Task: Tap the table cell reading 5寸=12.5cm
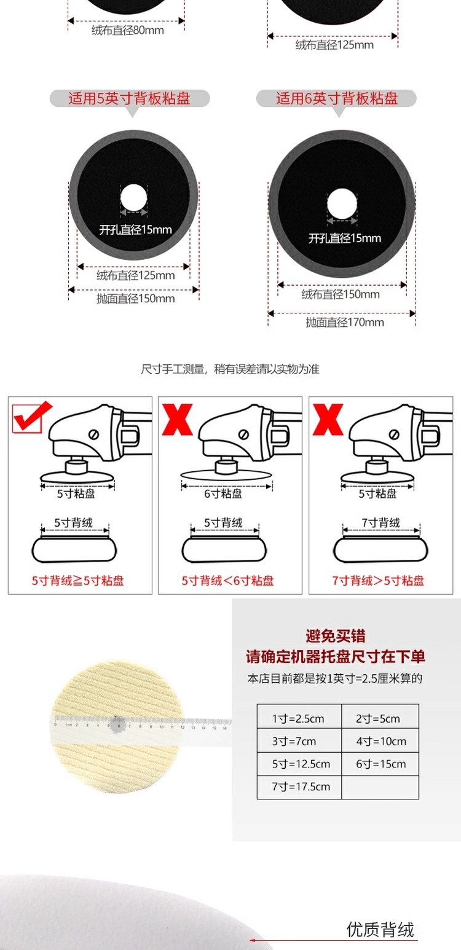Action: point(301,764)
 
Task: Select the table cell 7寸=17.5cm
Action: point(301,787)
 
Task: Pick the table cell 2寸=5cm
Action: point(378,718)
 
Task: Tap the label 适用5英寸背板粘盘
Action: point(129,98)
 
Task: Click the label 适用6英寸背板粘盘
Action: point(337,98)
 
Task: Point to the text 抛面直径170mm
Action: point(345,322)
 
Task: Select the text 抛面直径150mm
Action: point(136,299)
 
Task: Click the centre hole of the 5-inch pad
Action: point(133,198)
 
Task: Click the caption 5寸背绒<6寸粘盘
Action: point(227,580)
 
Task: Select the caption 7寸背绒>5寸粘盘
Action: point(378,580)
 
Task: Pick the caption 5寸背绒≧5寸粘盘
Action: point(78,580)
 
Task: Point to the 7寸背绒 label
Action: point(380,522)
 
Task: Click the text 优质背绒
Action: point(380,929)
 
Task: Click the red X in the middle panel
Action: point(177,420)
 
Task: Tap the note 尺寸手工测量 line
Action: point(230,369)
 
